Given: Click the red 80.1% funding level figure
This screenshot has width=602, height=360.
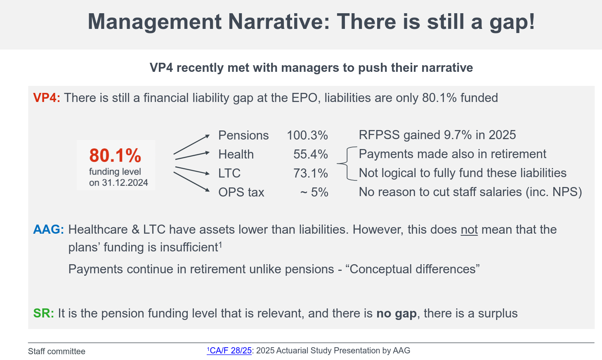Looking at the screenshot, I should click(115, 156).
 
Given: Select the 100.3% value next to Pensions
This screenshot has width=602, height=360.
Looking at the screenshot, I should click(307, 135).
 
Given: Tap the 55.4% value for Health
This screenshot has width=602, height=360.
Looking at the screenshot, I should click(310, 154).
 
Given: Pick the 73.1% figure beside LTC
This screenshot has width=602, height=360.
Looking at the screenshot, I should click(310, 173).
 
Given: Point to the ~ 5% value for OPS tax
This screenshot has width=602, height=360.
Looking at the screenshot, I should click(314, 192).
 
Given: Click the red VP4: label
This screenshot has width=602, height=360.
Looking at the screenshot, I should click(47, 98).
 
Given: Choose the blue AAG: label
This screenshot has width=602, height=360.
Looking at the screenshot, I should click(48, 230).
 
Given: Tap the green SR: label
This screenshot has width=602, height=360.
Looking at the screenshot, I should click(43, 313).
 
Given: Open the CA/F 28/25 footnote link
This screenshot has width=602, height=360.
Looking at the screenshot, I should click(230, 351).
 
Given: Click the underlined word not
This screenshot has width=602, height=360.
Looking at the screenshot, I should click(469, 230).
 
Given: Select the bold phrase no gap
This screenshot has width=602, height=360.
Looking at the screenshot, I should click(396, 313).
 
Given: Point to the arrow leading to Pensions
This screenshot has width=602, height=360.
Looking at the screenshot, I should click(192, 144).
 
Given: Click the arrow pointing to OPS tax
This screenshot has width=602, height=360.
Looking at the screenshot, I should click(192, 182).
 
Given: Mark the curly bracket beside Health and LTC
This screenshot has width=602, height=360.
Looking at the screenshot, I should click(347, 164).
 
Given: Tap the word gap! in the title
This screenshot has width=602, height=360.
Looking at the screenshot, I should click(512, 22).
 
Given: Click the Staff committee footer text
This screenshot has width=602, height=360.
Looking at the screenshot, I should click(57, 351).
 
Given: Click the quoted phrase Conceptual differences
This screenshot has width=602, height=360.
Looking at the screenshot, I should click(413, 269).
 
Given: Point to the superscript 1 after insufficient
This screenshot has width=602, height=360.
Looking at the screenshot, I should click(220, 244).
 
